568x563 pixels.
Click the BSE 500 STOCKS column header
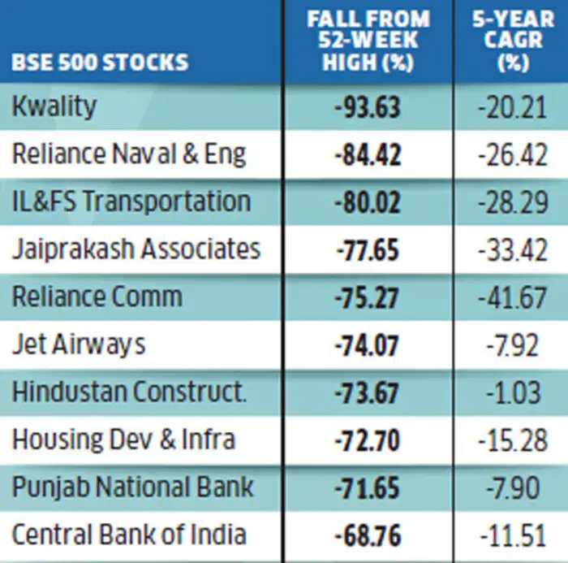[x=100, y=62]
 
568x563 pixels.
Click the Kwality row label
[x=54, y=106]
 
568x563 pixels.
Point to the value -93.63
[x=367, y=107]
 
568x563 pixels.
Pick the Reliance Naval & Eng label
[x=128, y=154]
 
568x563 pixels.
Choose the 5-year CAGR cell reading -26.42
[x=512, y=154]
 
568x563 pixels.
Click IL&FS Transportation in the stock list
[x=131, y=201]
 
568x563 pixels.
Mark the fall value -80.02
[x=367, y=202]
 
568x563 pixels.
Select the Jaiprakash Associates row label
[x=136, y=249]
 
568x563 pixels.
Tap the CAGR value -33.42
[x=512, y=249]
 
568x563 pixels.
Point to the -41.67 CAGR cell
[x=512, y=297]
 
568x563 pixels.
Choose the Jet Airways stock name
[x=79, y=344]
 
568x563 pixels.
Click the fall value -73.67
[x=367, y=392]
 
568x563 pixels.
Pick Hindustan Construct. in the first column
[x=129, y=392]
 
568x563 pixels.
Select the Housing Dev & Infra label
[x=123, y=440]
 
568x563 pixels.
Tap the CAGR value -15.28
[x=512, y=440]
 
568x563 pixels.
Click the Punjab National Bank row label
[x=132, y=487]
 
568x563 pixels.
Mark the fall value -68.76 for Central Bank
[x=367, y=535]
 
